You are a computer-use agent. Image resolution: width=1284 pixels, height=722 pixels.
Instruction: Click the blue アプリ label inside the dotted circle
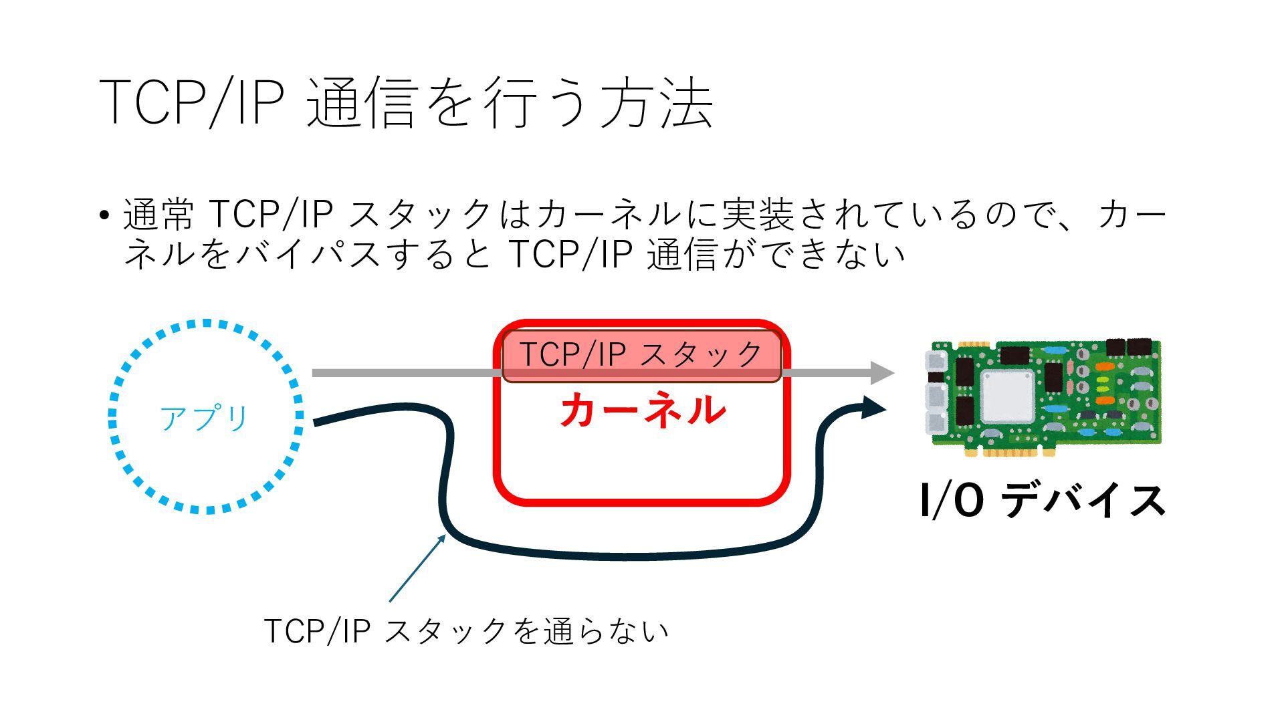coord(204,418)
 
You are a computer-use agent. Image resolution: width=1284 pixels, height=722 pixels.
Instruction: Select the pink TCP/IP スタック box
coord(641,354)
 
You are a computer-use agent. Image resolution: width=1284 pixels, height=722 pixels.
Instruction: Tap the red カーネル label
coord(643,409)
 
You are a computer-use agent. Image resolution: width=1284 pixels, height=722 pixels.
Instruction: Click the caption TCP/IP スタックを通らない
coord(466,630)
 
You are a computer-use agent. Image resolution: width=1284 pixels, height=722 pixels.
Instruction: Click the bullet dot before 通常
coord(104,216)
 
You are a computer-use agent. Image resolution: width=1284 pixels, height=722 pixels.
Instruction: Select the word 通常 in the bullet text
coord(158,215)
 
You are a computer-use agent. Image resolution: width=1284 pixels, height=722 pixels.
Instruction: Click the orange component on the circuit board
coord(1105,400)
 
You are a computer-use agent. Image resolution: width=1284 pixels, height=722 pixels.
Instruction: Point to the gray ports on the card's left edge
coord(935,394)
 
